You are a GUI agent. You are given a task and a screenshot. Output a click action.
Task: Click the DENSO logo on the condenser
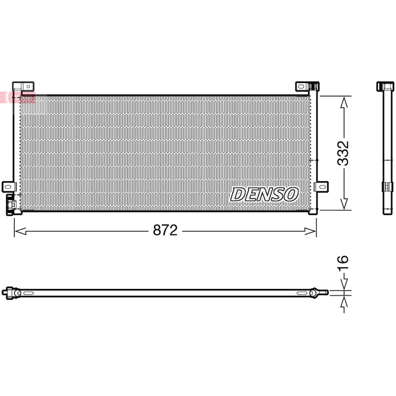(x=264, y=195)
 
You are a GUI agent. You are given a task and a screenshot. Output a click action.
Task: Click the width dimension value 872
(x=165, y=230)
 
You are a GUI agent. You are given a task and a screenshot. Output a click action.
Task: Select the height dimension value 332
(x=343, y=153)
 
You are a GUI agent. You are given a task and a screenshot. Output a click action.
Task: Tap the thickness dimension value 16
(x=343, y=263)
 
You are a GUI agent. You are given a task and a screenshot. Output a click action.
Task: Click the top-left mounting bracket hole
(x=28, y=87)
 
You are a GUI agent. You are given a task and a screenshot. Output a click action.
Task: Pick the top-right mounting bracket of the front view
(x=307, y=86)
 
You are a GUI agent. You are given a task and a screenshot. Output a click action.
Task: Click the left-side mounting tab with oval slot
(x=9, y=187)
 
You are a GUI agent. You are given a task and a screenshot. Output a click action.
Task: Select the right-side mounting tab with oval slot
(x=321, y=187)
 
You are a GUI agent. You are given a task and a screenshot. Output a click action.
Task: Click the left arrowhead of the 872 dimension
(x=20, y=231)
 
